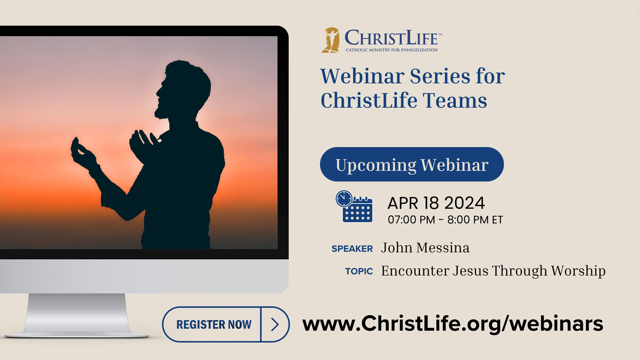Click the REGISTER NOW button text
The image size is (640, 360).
pos(214,324)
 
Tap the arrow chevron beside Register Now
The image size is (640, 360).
pos(275,324)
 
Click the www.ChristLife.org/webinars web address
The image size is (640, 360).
pos(452,324)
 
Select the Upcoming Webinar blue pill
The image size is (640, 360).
pos(412,164)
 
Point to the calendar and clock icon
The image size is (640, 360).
pos(354,206)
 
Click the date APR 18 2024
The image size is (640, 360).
pos(436,203)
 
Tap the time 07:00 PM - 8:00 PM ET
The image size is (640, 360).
pos(445,220)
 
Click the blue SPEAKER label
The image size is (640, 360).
pos(352,248)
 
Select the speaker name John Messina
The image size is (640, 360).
pos(425,248)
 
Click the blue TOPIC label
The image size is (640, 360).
pos(359,271)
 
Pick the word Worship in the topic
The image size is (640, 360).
pos(578,271)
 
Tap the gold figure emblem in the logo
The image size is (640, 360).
pos(331,40)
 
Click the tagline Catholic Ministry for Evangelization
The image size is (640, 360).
pos(392,50)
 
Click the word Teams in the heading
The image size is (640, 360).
pos(455,100)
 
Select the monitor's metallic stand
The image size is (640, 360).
pos(76,316)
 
